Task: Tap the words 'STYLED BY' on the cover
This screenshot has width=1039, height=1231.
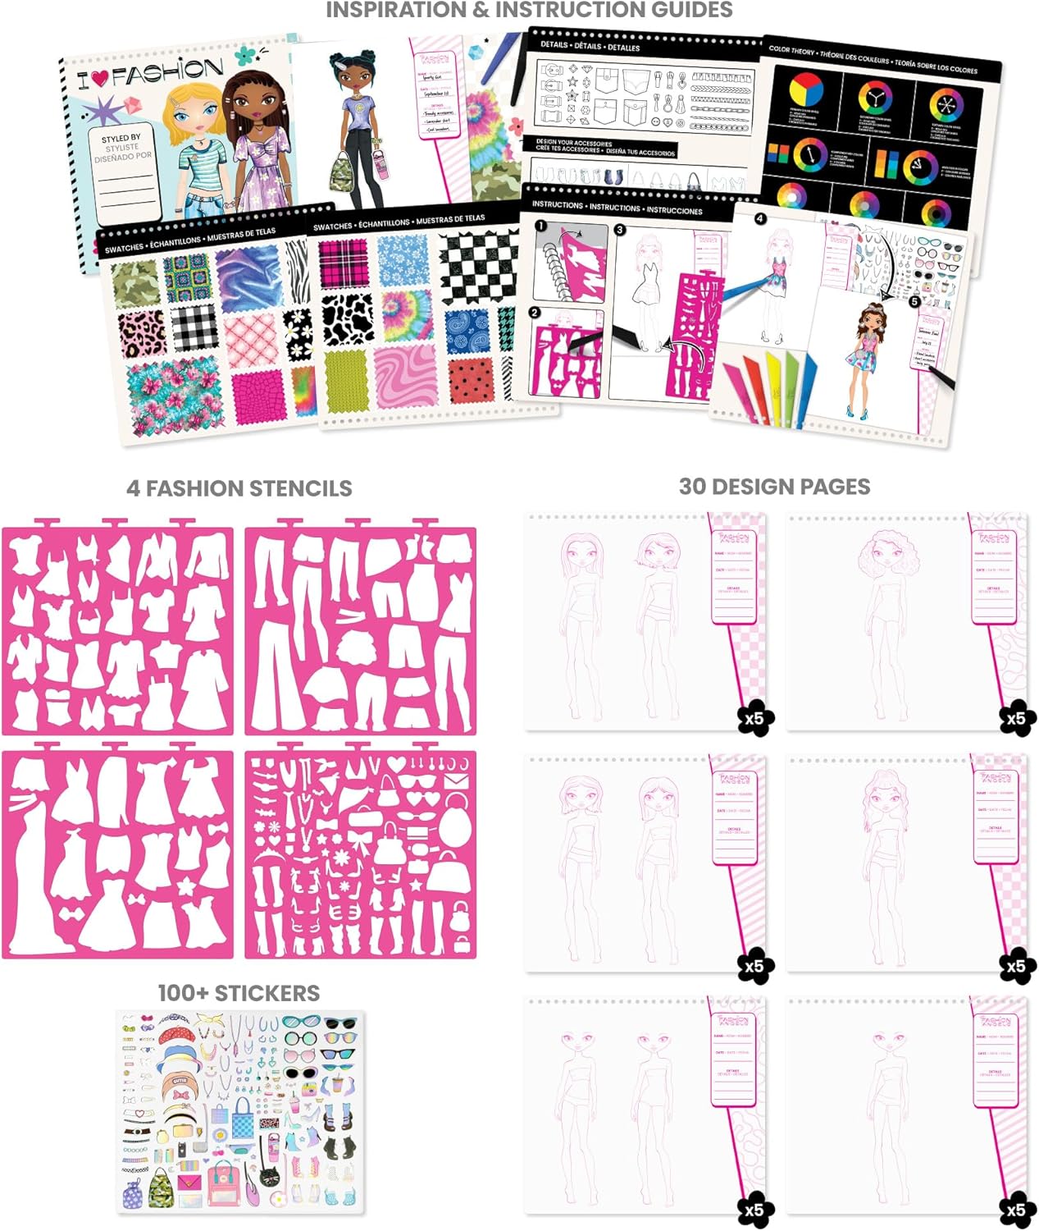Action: (121, 139)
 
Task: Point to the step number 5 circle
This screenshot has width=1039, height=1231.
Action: (914, 301)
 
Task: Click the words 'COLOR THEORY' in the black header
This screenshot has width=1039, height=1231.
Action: (792, 50)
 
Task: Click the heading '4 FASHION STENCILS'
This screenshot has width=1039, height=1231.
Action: (239, 488)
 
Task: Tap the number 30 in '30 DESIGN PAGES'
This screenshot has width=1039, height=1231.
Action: (692, 487)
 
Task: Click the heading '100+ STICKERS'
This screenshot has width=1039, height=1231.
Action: (239, 993)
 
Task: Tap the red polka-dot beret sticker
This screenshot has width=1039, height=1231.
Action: (178, 1034)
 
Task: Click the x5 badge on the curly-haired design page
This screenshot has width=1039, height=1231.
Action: (1015, 719)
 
